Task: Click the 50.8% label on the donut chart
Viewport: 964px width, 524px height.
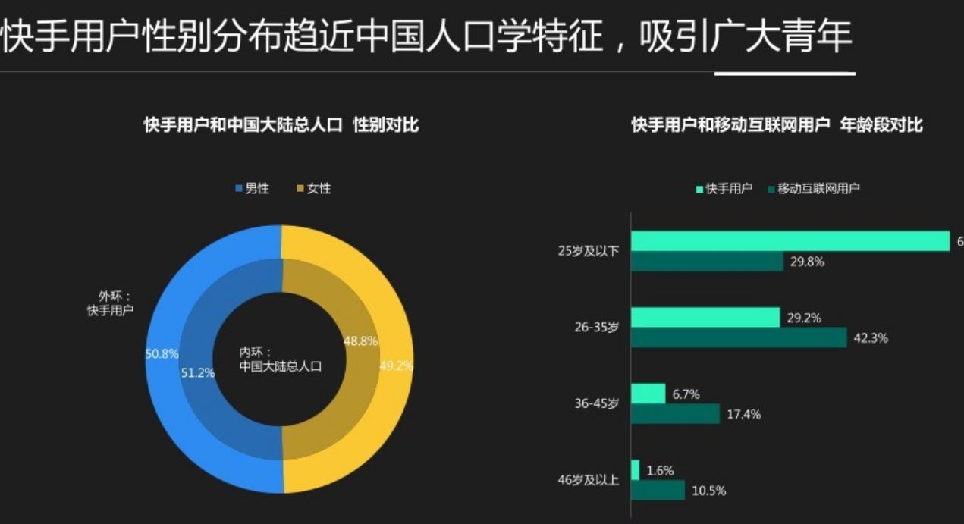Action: pos(162,354)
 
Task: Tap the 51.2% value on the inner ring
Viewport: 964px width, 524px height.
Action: pos(197,372)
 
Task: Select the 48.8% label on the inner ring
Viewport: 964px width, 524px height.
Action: pos(360,341)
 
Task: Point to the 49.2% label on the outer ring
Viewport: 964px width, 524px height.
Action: pos(396,366)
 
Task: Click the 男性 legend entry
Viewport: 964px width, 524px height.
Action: pos(253,188)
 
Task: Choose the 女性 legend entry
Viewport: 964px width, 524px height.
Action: pos(314,188)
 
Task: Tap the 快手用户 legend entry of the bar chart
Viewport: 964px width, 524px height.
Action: pos(724,188)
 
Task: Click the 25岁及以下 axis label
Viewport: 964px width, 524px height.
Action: pos(589,251)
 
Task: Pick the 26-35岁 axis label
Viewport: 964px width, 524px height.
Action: pos(597,328)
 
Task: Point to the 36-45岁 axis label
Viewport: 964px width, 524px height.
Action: pos(597,403)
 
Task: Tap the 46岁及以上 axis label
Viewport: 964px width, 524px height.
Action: pos(589,480)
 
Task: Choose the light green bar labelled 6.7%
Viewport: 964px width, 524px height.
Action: pos(648,394)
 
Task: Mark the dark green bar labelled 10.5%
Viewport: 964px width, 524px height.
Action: pos(658,491)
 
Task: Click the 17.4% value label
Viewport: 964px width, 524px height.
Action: pos(743,415)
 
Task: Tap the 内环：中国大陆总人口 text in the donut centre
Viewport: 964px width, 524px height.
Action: pos(281,359)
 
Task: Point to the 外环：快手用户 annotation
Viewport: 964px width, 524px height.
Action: pos(111,303)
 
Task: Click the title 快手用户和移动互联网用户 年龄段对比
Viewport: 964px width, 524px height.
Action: pos(777,125)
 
